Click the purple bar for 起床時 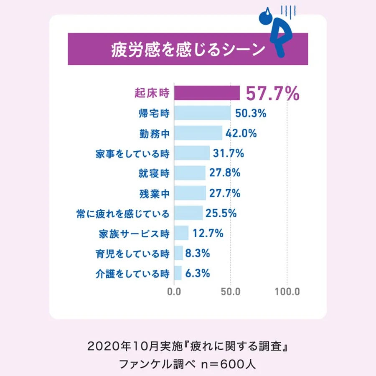[207, 93]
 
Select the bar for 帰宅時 [202, 113]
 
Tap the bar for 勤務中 [198, 133]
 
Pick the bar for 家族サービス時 [181, 233]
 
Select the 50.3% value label [251, 113]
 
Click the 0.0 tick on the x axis [174, 292]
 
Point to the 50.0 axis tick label [230, 292]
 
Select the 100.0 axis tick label [287, 292]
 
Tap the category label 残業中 [154, 193]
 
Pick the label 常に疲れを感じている [121, 213]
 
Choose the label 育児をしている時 [132, 253]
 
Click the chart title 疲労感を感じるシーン [188, 49]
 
